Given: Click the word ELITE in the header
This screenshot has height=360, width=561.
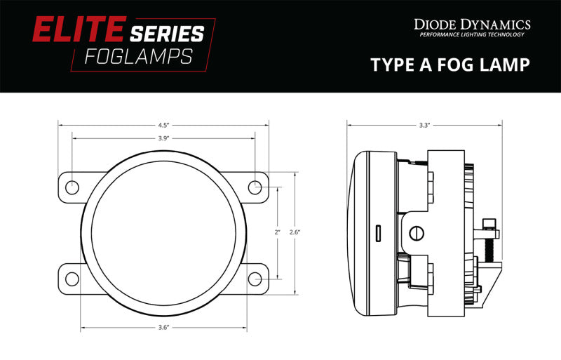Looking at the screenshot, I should (x=70, y=32).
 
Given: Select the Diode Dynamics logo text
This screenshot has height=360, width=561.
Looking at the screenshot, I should (x=472, y=25).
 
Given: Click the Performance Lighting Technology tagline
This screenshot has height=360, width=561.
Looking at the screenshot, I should (x=472, y=35).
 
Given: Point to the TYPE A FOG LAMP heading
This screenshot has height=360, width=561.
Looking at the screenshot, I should (x=450, y=65).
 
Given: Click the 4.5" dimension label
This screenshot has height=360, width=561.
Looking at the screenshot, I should (x=163, y=126).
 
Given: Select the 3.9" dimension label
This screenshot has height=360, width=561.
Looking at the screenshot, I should (x=163, y=138).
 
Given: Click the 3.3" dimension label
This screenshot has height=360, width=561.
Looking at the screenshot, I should (x=424, y=126).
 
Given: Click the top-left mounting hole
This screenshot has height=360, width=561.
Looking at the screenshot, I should (x=72, y=187).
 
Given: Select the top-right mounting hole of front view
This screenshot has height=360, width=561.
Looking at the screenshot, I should (x=255, y=187).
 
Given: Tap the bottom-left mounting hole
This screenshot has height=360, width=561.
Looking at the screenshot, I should (x=72, y=279).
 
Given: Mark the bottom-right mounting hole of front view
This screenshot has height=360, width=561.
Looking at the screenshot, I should (x=255, y=279).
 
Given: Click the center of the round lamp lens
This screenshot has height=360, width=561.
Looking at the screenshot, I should (x=163, y=232).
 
